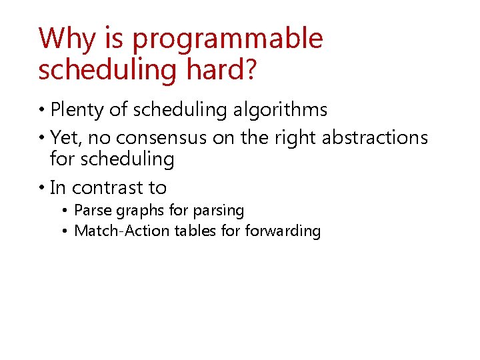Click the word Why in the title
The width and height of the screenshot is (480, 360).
coord(66,39)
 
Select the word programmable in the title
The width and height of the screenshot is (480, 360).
coord(227,40)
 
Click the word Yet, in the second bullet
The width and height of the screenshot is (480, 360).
coord(66,138)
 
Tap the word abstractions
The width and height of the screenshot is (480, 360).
coord(375,138)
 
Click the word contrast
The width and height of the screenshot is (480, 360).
coord(111,187)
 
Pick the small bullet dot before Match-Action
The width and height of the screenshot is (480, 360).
coord(65,232)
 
